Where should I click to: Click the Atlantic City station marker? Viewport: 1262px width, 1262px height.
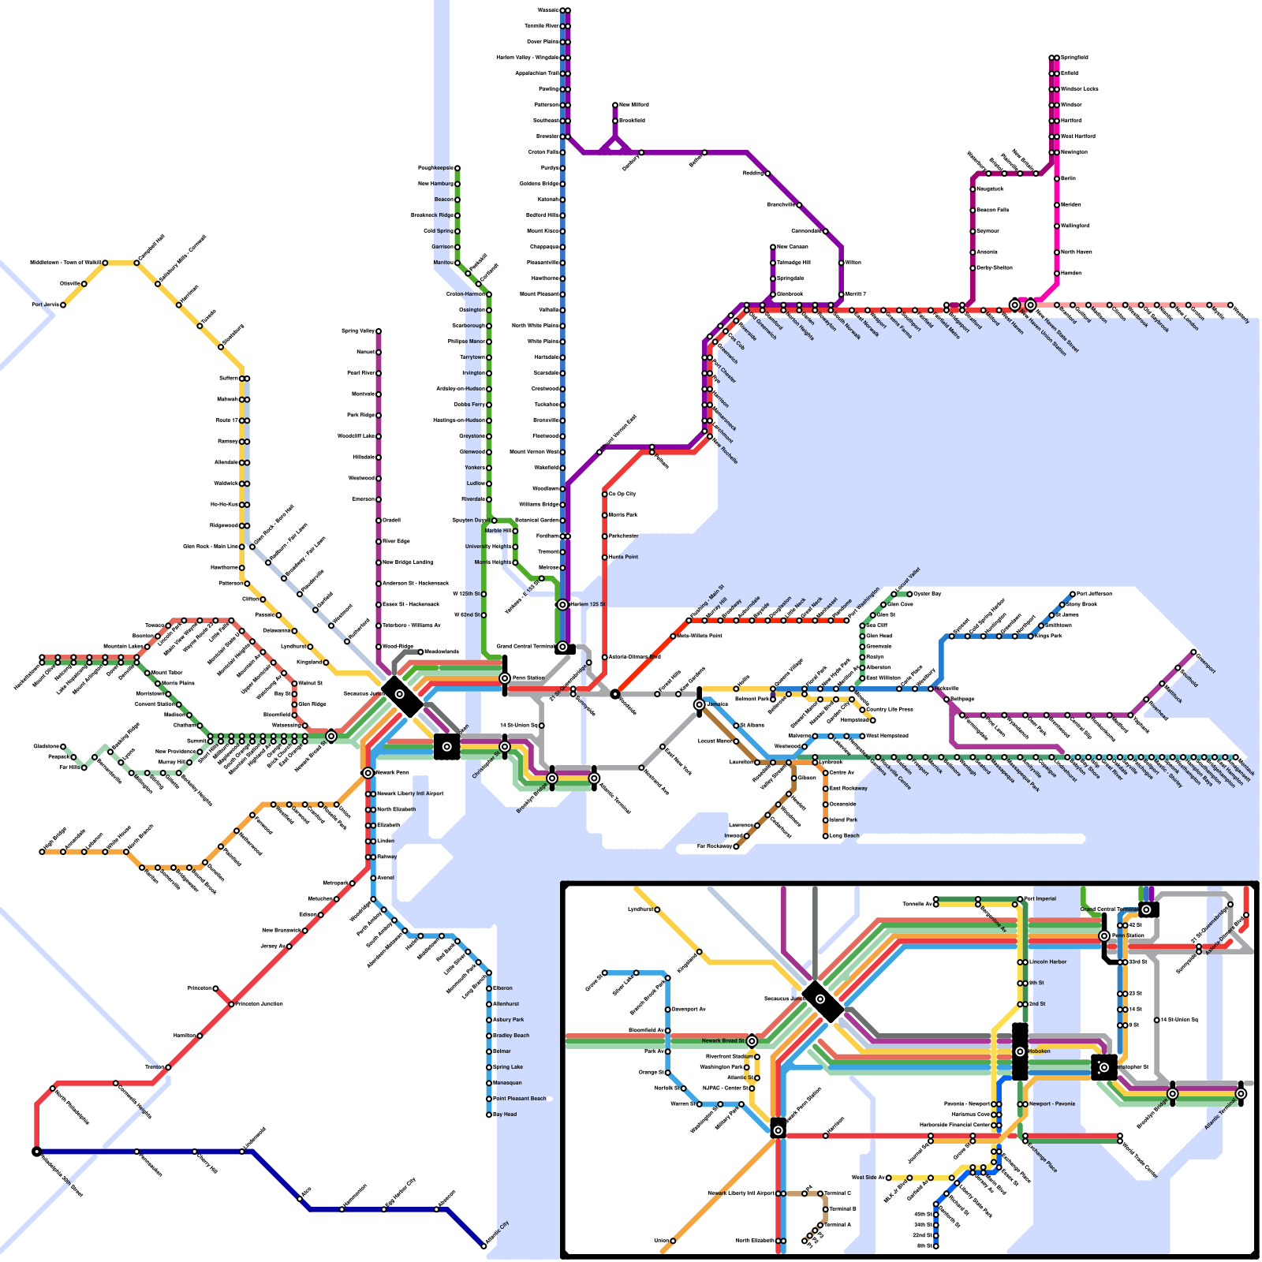pyautogui.click(x=484, y=1246)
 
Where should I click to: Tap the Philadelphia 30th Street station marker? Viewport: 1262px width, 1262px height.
pyautogui.click(x=36, y=1152)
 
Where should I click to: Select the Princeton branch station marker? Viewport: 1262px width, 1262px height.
pyautogui.click(x=215, y=988)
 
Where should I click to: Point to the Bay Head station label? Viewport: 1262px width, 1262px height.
pyautogui.click(x=505, y=1115)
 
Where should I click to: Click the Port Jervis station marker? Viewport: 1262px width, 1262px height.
pyautogui.click(x=63, y=304)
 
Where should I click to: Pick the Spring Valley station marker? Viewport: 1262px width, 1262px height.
pyautogui.click(x=379, y=331)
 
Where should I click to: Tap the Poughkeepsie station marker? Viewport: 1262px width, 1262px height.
pyautogui.click(x=457, y=168)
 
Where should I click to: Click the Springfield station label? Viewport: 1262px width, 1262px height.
pyautogui.click(x=1074, y=58)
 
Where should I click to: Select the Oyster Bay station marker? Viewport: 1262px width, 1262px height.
pyautogui.click(x=909, y=594)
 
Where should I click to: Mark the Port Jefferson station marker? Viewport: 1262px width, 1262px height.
pyautogui.click(x=1073, y=594)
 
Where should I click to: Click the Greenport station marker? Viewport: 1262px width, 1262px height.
pyautogui.click(x=1193, y=652)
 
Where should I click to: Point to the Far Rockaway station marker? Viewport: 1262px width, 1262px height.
pyautogui.click(x=736, y=846)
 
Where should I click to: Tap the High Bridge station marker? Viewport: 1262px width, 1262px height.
pyautogui.click(x=42, y=852)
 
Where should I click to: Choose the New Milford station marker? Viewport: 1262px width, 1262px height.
pyautogui.click(x=615, y=105)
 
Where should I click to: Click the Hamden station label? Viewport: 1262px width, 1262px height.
pyautogui.click(x=1071, y=273)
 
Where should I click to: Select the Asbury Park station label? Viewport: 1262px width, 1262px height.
pyautogui.click(x=509, y=1020)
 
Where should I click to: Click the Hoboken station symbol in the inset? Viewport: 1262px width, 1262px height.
pyautogui.click(x=1020, y=1051)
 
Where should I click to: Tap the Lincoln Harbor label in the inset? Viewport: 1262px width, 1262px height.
pyautogui.click(x=1048, y=962)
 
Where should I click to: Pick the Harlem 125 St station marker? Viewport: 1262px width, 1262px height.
pyautogui.click(x=562, y=605)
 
